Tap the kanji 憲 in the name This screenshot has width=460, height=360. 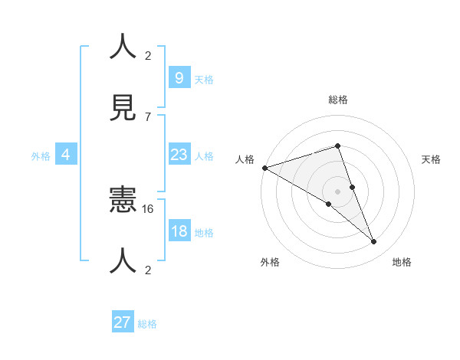[x=123, y=203]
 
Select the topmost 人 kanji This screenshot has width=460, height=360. [x=123, y=45]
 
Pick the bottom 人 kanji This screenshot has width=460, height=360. [x=123, y=260]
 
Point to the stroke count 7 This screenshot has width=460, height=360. [x=148, y=116]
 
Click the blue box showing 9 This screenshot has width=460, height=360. [x=179, y=77]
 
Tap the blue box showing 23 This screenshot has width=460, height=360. [x=179, y=155]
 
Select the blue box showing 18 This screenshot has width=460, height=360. [x=179, y=231]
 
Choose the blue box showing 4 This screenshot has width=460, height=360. [x=65, y=155]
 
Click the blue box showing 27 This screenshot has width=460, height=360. [x=123, y=322]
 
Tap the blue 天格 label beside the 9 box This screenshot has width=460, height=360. [x=204, y=80]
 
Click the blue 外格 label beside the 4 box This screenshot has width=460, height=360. [x=41, y=156]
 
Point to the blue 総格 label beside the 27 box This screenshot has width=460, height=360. [x=147, y=324]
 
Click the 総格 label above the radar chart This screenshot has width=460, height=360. [x=338, y=100]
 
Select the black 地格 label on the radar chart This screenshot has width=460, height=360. [x=402, y=263]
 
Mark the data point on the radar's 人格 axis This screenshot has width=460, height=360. [x=264, y=168]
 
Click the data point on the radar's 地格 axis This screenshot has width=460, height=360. [x=374, y=242]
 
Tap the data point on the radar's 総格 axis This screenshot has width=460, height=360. [x=337, y=146]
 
